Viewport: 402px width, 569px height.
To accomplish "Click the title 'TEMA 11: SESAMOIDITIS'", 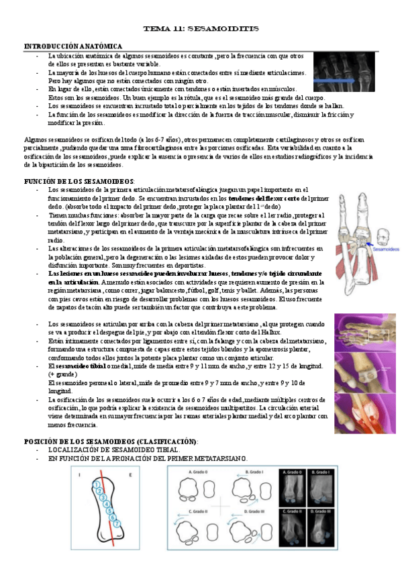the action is tap(201, 29).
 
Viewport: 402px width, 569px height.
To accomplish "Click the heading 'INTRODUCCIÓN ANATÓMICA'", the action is tap(72, 46).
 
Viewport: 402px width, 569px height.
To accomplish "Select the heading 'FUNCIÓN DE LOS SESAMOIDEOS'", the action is tap(79, 181).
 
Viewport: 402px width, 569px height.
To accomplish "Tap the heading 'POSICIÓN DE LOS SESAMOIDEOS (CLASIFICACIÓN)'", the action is tap(111, 442).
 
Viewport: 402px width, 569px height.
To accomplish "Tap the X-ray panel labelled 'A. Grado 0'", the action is tap(295, 489).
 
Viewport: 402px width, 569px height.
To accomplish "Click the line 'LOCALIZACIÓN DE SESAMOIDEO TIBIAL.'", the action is tap(113, 449).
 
